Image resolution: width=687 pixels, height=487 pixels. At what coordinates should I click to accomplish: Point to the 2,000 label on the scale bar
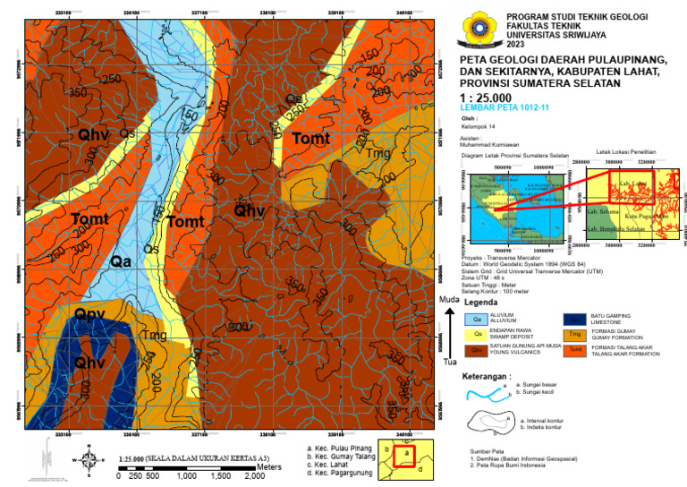254,477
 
